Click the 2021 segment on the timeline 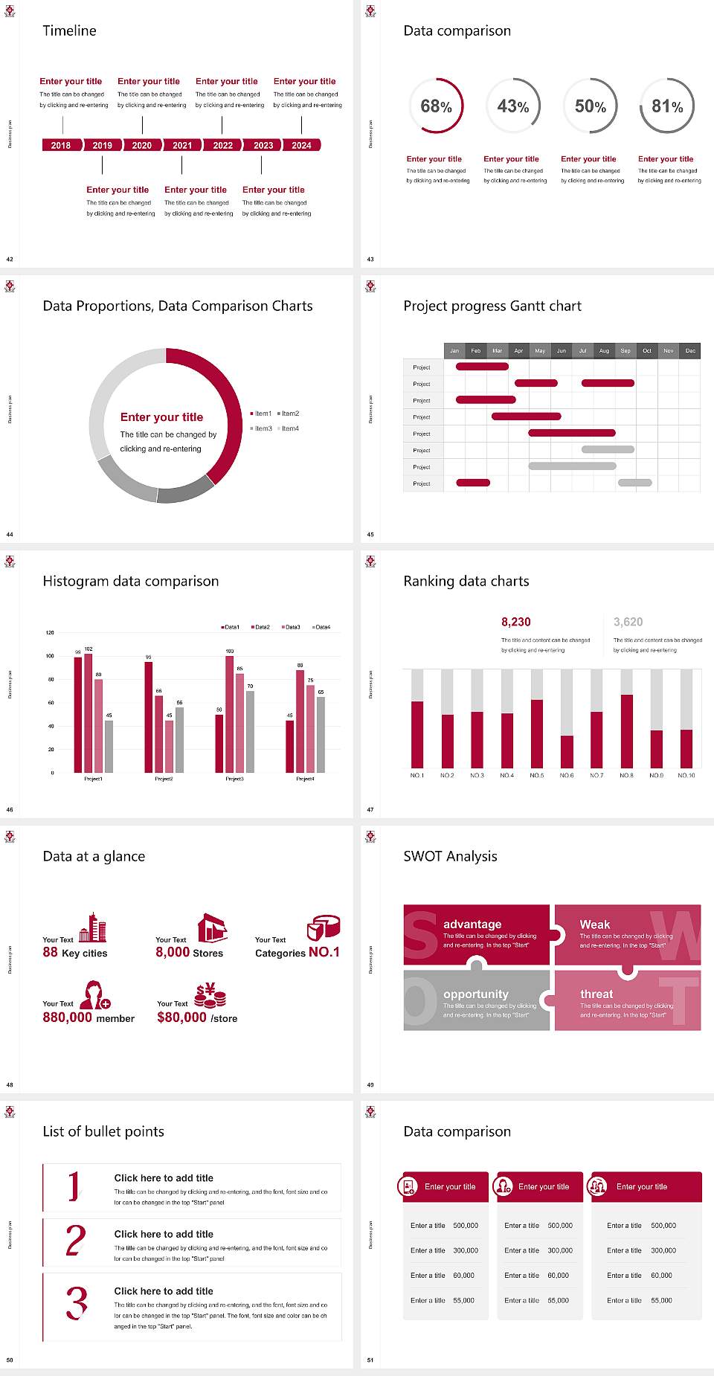pos(182,145)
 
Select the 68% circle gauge pos(436,106)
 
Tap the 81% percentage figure pos(667,106)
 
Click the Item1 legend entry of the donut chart pos(263,414)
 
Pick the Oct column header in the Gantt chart pos(647,350)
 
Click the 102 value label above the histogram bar pos(89,649)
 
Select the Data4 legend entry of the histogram pos(322,627)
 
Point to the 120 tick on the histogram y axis pos(50,633)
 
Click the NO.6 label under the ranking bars pos(567,775)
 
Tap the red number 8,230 pos(515,622)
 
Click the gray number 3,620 pos(628,622)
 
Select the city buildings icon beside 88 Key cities pos(93,927)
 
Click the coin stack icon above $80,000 pos(210,994)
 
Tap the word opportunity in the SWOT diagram pos(476,994)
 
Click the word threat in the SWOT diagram pos(596,994)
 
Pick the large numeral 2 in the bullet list pos(76,1241)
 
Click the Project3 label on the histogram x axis pos(234,779)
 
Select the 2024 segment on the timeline pos(301,145)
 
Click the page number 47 pos(370,809)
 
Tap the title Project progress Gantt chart pos(492,306)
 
